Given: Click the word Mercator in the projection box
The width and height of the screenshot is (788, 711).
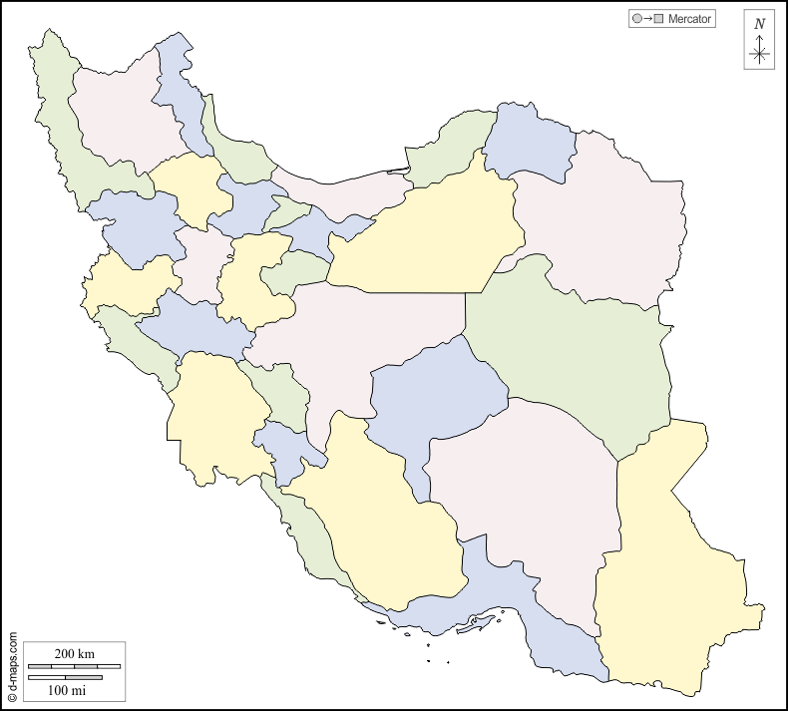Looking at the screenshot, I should tap(689, 19).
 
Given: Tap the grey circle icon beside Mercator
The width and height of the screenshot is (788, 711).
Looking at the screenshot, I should tap(636, 19).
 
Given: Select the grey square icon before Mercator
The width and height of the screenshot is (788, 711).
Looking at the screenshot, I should tap(658, 19).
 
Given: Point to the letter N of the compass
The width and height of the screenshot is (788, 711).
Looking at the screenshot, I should tap(760, 24).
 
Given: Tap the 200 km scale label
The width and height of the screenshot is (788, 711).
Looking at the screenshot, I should tap(74, 653).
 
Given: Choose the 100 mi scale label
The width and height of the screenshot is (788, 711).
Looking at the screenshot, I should tap(67, 690).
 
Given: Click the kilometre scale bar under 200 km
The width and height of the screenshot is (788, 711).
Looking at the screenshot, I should tap(74, 666).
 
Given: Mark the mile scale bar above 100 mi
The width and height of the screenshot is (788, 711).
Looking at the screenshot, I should tap(65, 678).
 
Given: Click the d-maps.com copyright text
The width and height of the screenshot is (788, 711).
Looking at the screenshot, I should tap(12, 664).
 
